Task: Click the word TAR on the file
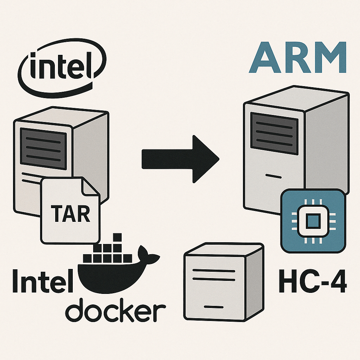pos(70,213)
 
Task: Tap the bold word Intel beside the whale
pos(42,281)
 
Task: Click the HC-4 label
pos(312,281)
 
